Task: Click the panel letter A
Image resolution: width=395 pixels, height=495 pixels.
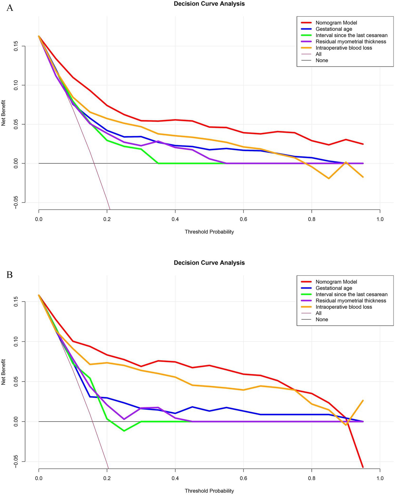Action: [x=10, y=8]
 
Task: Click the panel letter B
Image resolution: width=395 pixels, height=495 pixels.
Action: [x=10, y=275]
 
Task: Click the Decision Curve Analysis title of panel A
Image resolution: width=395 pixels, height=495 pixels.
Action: [x=209, y=4]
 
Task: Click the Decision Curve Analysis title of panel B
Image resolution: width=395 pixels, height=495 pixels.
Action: [x=209, y=263]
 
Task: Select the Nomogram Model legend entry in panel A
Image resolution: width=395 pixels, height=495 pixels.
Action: [x=336, y=23]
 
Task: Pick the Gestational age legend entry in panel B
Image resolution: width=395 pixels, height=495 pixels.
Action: [x=333, y=288]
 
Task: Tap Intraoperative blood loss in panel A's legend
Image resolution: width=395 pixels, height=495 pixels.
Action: [x=344, y=48]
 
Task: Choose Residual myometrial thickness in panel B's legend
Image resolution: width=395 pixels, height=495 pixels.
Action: [x=351, y=301]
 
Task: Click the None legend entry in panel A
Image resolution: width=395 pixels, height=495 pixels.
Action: [x=322, y=61]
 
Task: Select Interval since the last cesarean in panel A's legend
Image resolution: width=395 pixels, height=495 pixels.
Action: [x=351, y=35]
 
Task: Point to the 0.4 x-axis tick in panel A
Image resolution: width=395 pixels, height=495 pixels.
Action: [x=175, y=219]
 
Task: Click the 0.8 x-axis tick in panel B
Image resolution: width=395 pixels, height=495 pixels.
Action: [x=312, y=478]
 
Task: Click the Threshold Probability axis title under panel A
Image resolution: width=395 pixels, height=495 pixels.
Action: [x=209, y=232]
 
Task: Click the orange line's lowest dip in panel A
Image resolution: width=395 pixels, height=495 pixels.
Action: [x=329, y=178]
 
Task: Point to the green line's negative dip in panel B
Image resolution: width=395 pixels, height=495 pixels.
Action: [x=124, y=431]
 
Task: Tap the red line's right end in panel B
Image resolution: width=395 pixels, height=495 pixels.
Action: [x=363, y=467]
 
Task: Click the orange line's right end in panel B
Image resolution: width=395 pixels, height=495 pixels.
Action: [x=363, y=400]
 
